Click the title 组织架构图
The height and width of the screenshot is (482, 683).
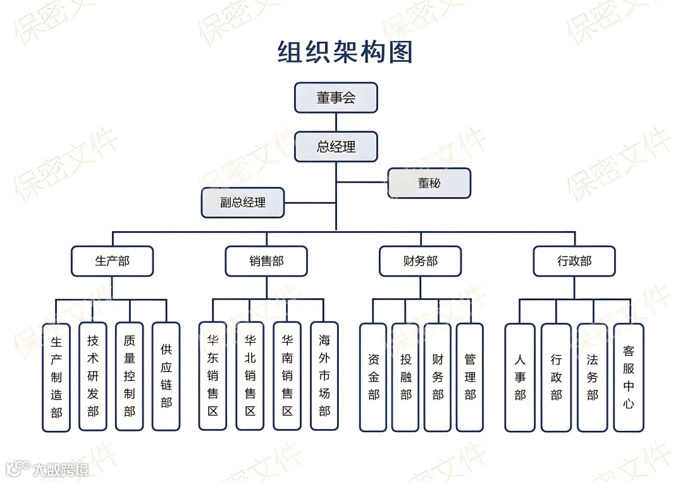pyautogui.click(x=345, y=52)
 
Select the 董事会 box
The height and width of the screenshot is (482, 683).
pyautogui.click(x=336, y=98)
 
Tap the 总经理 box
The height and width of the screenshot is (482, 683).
pyautogui.click(x=336, y=147)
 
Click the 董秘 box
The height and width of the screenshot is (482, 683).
pyautogui.click(x=429, y=183)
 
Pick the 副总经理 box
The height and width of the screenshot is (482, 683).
pyautogui.click(x=243, y=203)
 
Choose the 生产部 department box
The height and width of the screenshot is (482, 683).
pyautogui.click(x=112, y=261)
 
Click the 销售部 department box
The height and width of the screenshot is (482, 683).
pyautogui.click(x=266, y=261)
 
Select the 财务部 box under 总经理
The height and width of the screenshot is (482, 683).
pyautogui.click(x=420, y=261)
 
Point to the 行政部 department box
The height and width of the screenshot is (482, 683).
pyautogui.click(x=574, y=261)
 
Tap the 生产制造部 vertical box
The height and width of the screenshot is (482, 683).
pyautogui.click(x=56, y=377)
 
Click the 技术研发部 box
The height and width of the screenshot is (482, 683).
pyautogui.click(x=93, y=377)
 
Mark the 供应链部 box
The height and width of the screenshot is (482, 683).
pyautogui.click(x=166, y=377)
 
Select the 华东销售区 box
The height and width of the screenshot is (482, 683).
pyautogui.click(x=212, y=377)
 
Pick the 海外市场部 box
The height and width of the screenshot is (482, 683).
pyautogui.click(x=324, y=377)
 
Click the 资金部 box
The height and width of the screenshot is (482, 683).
pyautogui.click(x=373, y=377)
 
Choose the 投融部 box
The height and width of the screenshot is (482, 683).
pyautogui.click(x=405, y=377)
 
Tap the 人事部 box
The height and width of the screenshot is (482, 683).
pyautogui.click(x=520, y=377)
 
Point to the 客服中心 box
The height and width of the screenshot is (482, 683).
pyautogui.click(x=629, y=377)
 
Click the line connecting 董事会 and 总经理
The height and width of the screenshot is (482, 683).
pyautogui.click(x=336, y=122)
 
